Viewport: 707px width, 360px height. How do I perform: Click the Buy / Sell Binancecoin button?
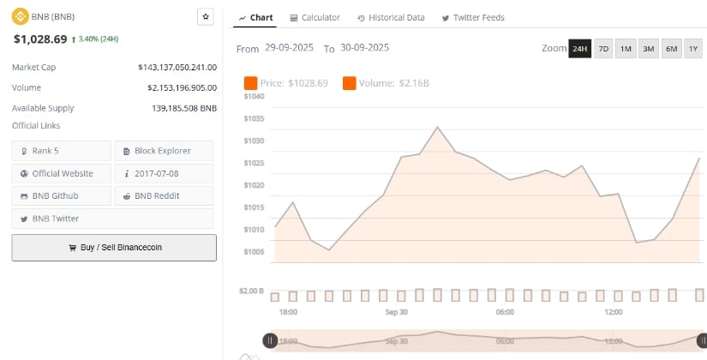pos(114,247)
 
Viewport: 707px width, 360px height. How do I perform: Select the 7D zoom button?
pos(603,49)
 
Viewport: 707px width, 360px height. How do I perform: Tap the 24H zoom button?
pos(579,49)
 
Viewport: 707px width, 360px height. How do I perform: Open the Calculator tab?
pos(315,17)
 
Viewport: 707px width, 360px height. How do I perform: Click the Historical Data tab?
pos(390,17)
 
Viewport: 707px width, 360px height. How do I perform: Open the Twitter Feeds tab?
pos(472,17)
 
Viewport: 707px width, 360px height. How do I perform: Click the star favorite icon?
pos(205,16)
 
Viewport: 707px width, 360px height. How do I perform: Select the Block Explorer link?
pos(163,151)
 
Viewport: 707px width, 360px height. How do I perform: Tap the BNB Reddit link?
pos(163,195)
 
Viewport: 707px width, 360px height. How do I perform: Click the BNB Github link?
pos(61,195)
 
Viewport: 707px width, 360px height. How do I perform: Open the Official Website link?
pos(61,173)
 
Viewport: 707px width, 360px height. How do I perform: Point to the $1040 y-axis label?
pos(254,97)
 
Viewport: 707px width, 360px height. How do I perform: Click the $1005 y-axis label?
pos(254,251)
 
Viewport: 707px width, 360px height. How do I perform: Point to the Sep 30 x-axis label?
pos(397,313)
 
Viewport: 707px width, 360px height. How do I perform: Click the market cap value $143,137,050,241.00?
pos(177,67)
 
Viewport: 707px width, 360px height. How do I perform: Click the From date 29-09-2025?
pos(291,48)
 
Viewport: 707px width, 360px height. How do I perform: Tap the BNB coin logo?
pos(19,16)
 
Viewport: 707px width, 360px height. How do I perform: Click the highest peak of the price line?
pos(438,127)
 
